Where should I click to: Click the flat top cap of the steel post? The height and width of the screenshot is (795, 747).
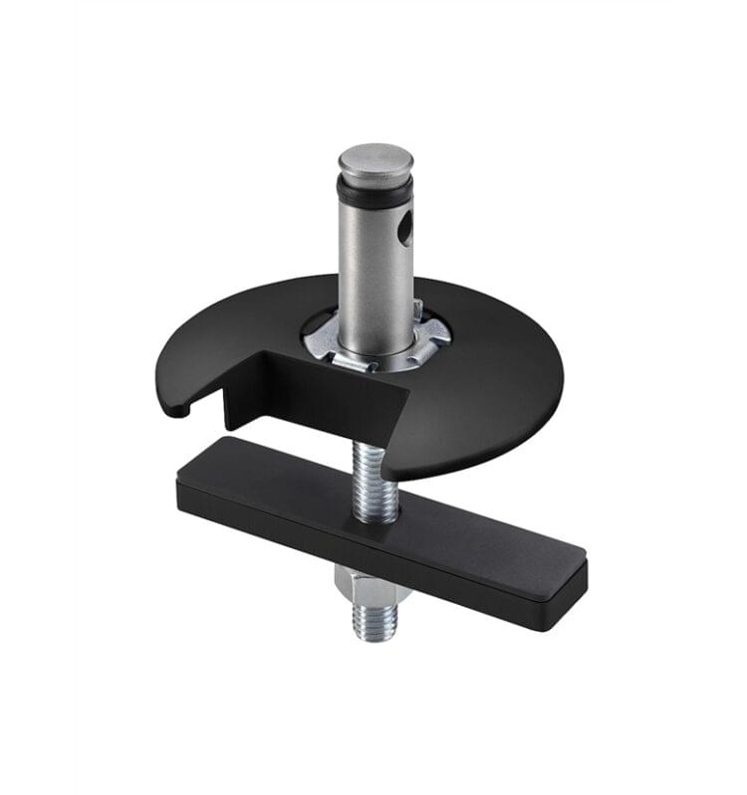point(374,158)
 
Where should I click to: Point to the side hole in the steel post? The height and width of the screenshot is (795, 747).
point(402,232)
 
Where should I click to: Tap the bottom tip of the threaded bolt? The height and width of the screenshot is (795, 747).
point(376,635)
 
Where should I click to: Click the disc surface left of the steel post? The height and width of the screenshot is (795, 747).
point(239,328)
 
